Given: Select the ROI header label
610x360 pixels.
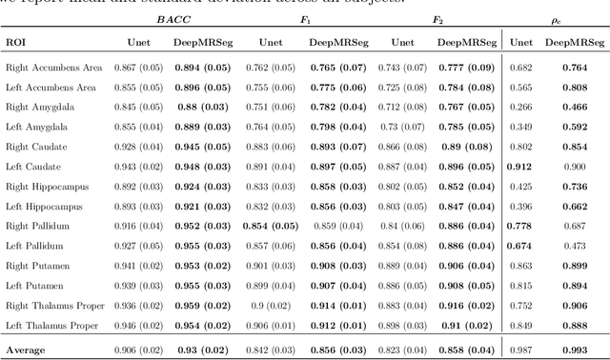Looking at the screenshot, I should point(16,42).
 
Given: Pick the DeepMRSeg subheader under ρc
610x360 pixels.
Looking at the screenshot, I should point(574,42).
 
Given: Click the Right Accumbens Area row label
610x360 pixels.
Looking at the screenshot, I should point(51,67).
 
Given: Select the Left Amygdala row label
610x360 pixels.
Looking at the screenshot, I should point(34,127).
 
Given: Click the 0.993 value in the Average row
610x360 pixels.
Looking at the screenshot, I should point(574,350).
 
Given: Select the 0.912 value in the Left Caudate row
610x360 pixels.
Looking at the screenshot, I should point(520,167).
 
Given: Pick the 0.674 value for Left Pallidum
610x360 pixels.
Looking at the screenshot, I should point(520,246).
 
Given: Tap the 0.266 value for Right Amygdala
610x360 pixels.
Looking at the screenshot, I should point(520,107).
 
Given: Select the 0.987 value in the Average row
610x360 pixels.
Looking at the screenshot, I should point(520,350).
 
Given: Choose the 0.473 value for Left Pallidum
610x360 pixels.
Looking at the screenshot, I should point(574,246).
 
